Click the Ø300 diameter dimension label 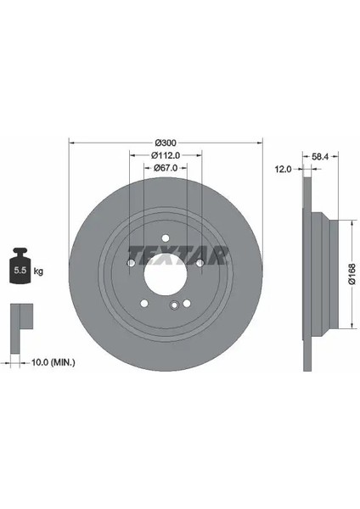coord(166,143)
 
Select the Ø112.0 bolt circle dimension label coord(166,155)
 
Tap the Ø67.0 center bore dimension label coord(166,168)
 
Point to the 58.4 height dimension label coord(320,156)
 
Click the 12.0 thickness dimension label coord(284,169)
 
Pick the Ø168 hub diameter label coord(352,274)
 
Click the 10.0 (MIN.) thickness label coord(53,362)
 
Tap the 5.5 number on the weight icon coord(20,270)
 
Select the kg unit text coord(38,271)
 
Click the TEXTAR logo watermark coord(178,255)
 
